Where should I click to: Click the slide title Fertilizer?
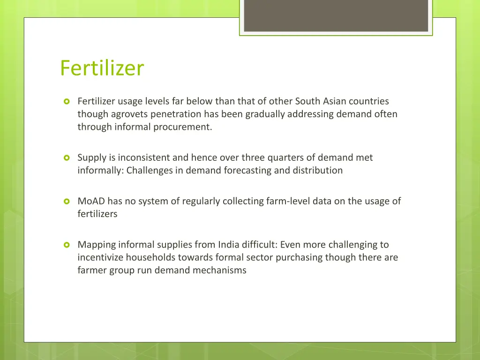point(102,68)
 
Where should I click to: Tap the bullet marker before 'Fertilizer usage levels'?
point(66,101)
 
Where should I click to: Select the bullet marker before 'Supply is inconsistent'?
point(66,158)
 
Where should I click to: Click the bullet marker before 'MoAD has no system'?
point(66,202)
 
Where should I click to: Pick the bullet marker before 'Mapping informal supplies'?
point(66,245)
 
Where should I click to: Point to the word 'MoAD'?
point(91,201)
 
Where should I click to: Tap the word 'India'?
point(229,244)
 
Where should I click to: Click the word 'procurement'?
point(183,127)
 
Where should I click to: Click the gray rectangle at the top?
point(336,15)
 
